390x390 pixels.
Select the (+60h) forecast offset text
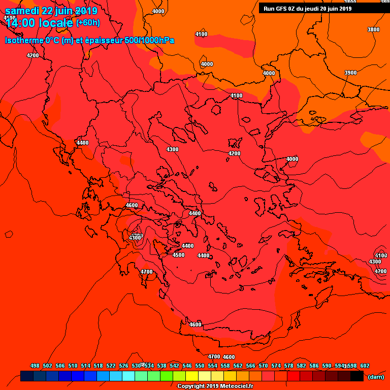88,23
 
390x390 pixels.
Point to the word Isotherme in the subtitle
24,40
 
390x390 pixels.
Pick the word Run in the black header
269,8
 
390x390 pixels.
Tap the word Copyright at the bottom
192,386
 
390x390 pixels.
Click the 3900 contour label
350,73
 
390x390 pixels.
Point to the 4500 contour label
178,255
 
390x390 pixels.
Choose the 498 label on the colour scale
35,366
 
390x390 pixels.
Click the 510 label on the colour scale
73,366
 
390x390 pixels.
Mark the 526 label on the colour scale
123,366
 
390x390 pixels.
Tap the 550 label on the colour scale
200,366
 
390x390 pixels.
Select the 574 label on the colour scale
276,366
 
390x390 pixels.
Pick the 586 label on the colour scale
314,366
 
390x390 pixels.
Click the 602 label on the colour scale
365,366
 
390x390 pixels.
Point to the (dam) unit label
375,377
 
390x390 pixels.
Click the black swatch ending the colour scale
357,376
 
